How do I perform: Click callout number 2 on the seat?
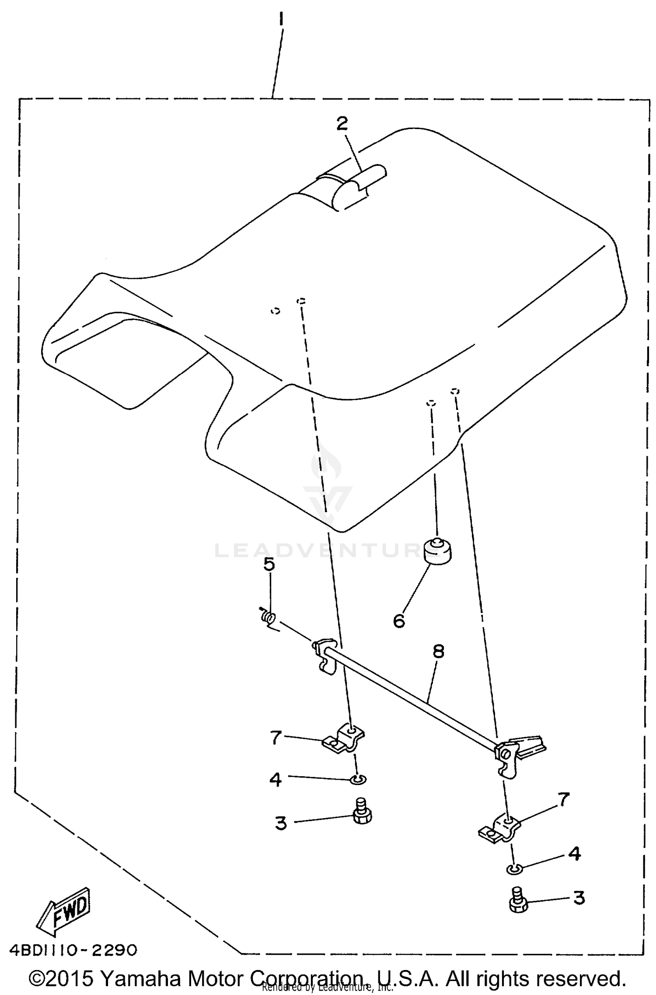[342, 123]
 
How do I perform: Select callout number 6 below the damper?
[399, 620]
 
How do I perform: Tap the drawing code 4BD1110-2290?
[73, 949]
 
